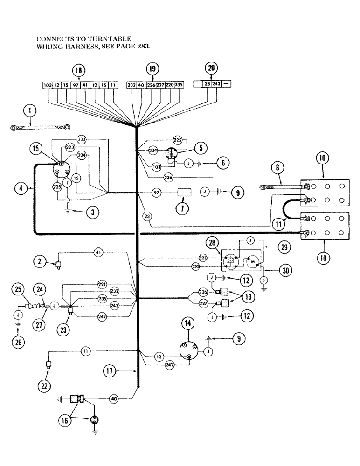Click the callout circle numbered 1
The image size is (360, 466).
(x=30, y=111)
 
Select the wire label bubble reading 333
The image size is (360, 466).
(x=83, y=139)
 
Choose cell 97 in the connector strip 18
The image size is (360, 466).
(x=76, y=85)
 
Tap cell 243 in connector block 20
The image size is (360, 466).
(x=216, y=84)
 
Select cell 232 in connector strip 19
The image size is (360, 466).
(x=131, y=85)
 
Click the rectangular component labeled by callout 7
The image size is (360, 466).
(x=182, y=192)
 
